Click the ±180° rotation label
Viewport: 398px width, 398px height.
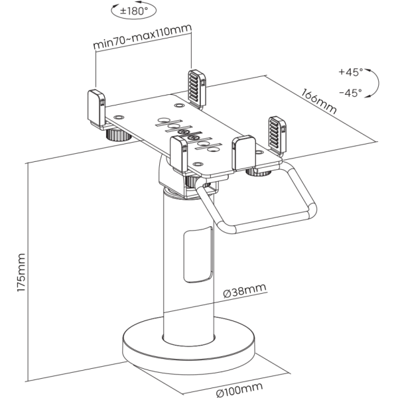(x=134, y=11)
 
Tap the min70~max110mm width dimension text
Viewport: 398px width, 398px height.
(x=142, y=36)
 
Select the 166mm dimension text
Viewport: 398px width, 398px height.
(x=319, y=101)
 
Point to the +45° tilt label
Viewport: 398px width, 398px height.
(x=351, y=72)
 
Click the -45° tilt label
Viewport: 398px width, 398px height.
(x=351, y=93)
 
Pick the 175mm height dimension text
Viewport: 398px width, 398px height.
(x=21, y=273)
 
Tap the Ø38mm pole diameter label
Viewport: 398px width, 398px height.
(x=245, y=290)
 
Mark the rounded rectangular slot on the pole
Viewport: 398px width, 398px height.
(x=198, y=255)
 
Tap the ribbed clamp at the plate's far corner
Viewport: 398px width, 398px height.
(x=197, y=88)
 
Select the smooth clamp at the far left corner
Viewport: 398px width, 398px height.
(x=96, y=109)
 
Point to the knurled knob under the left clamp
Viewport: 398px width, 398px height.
(x=118, y=135)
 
